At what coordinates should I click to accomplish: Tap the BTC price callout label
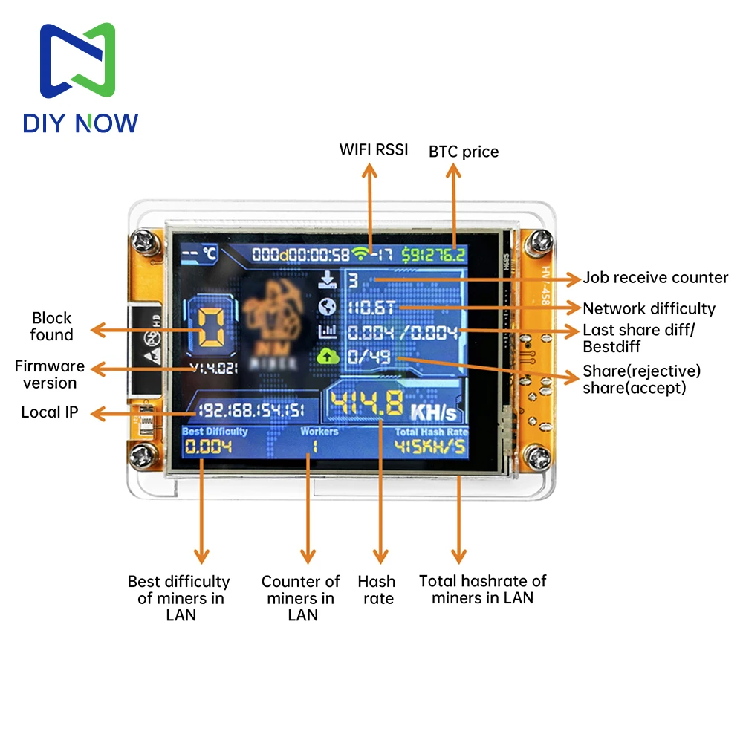click(464, 152)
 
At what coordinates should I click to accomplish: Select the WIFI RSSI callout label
click(374, 149)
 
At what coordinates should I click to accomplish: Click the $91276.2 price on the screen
click(434, 255)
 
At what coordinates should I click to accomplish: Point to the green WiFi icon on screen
click(361, 254)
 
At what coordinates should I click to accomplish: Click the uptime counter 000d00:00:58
click(300, 255)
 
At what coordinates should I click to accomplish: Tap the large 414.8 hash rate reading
click(366, 406)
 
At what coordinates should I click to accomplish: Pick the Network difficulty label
click(649, 308)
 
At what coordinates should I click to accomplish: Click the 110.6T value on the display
click(372, 307)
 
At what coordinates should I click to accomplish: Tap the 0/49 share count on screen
click(369, 357)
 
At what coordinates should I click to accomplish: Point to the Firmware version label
click(50, 374)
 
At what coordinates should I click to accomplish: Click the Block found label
click(51, 326)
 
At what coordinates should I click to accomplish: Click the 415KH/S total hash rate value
click(431, 447)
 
